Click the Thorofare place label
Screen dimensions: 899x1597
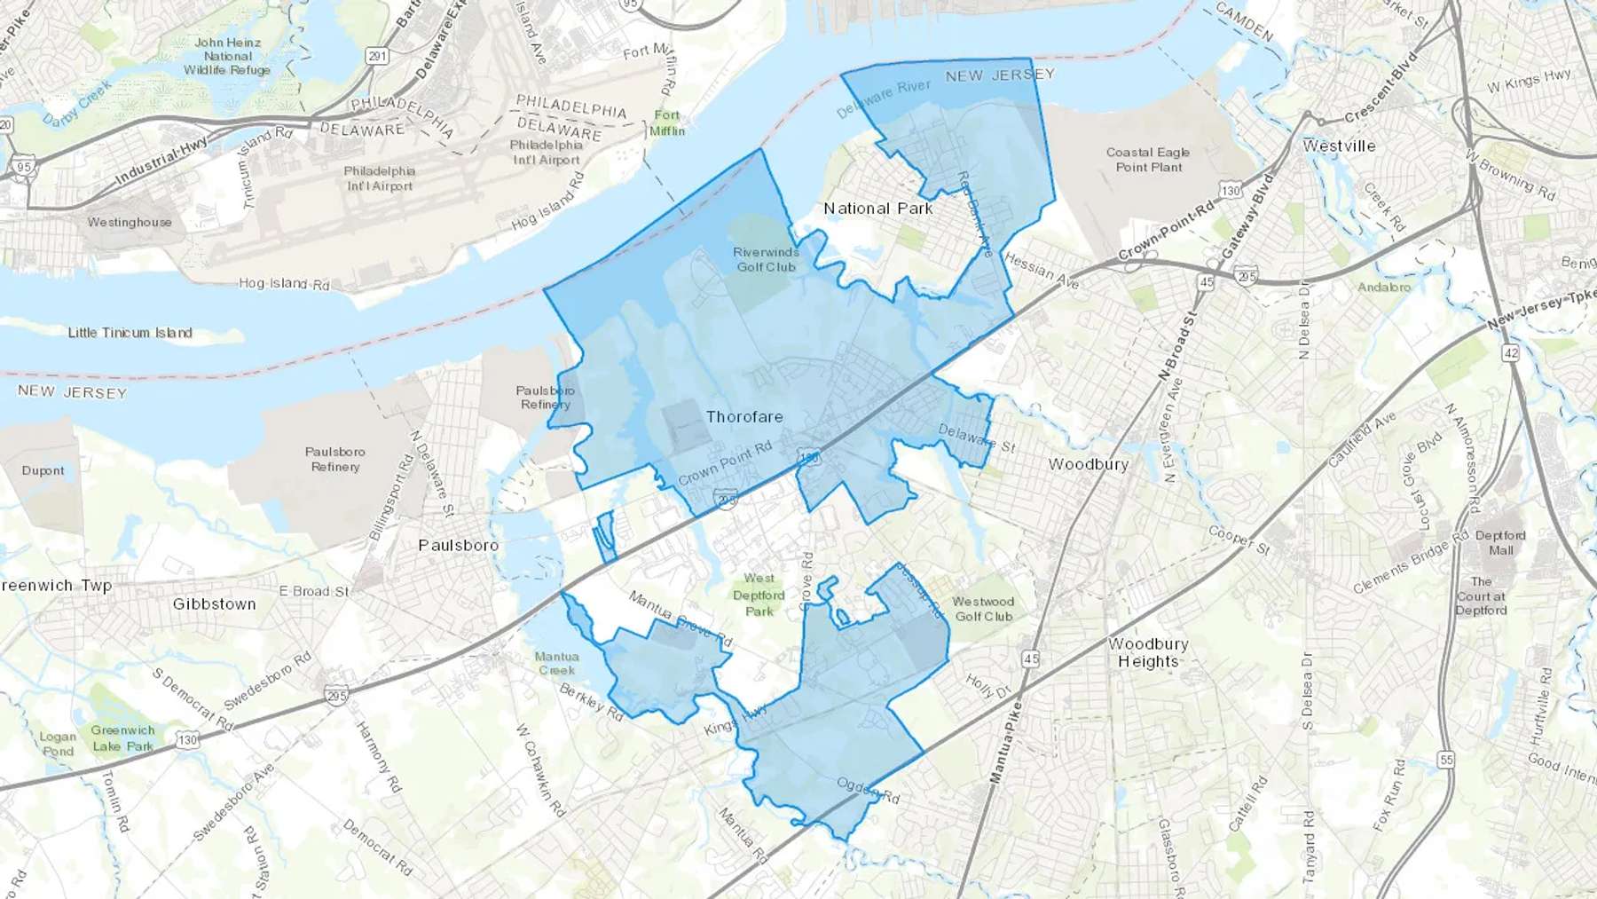pos(744,417)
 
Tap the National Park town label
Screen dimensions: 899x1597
pos(877,209)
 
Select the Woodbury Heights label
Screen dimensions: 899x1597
pos(1148,652)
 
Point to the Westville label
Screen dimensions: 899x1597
pos(1339,146)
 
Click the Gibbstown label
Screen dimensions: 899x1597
pos(214,604)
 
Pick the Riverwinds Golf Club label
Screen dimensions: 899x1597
pos(767,259)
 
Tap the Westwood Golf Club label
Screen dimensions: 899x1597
pos(983,609)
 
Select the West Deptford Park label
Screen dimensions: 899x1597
pos(759,595)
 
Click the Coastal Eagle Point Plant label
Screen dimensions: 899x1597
pos(1148,160)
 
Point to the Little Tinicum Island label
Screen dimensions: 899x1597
pos(130,333)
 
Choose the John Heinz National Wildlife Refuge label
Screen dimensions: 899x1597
pos(227,56)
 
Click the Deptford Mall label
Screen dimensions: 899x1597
pos(1500,542)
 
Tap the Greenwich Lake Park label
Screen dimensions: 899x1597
pos(122,738)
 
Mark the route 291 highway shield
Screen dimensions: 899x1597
pos(377,56)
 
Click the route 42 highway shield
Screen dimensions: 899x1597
pos(1510,353)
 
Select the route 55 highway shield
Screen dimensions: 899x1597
pos(1446,760)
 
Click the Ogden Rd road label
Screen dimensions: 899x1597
pos(868,791)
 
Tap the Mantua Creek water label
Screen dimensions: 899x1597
pos(556,664)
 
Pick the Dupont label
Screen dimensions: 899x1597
pos(43,471)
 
